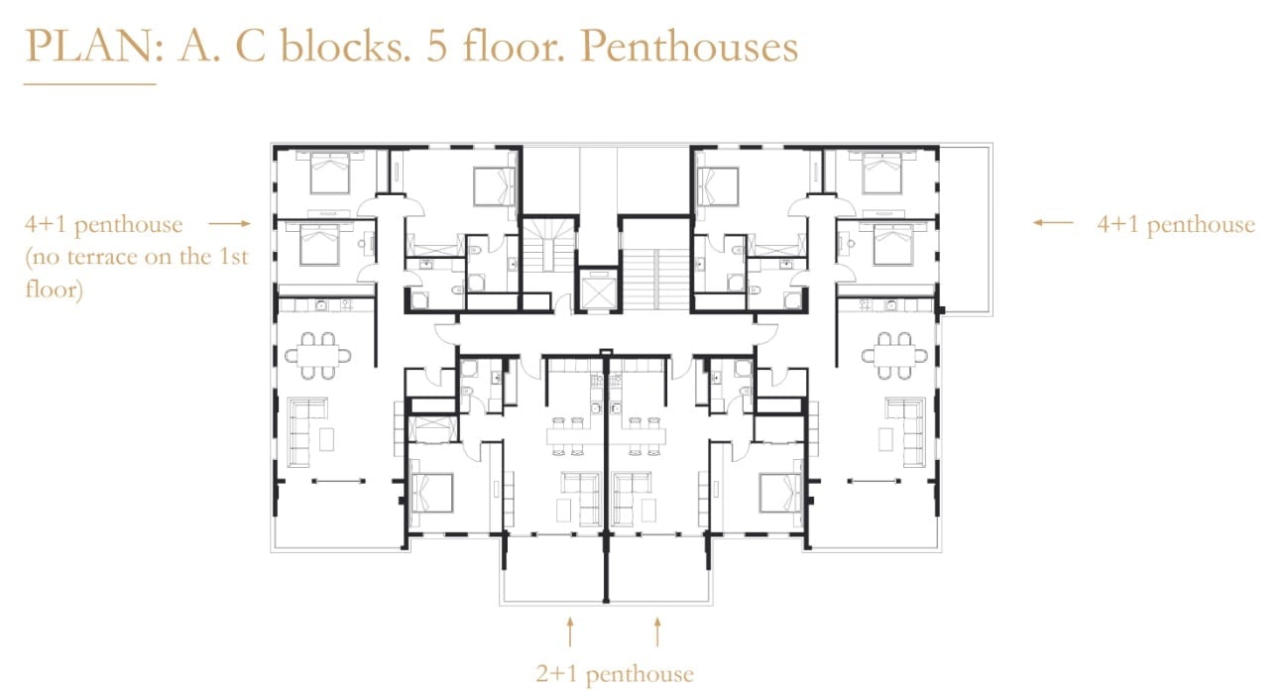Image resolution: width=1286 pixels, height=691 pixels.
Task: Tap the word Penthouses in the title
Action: pos(689,46)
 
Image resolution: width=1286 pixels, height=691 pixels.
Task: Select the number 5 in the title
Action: pos(437,47)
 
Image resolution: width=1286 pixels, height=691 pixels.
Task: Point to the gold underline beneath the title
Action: pos(90,84)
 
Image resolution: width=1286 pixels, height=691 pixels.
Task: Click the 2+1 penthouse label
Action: pos(615,674)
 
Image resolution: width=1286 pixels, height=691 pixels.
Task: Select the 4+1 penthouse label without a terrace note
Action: pos(1176,224)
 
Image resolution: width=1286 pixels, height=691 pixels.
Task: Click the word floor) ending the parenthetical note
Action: pos(54,288)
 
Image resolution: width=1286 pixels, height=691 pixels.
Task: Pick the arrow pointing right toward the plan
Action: pos(230,223)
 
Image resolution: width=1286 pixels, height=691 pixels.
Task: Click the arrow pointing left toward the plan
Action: pos(1053,222)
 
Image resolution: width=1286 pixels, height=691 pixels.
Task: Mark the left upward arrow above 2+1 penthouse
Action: pos(570,632)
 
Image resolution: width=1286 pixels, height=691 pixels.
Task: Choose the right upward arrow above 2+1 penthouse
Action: pos(657,632)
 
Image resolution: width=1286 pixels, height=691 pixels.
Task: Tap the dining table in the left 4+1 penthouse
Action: pos(318,356)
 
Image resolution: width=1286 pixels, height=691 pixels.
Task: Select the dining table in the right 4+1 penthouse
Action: pos(894,356)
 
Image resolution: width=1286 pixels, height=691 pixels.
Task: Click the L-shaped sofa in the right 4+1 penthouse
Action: pos(913,430)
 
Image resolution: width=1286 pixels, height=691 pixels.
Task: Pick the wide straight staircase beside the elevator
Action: pos(656,280)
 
